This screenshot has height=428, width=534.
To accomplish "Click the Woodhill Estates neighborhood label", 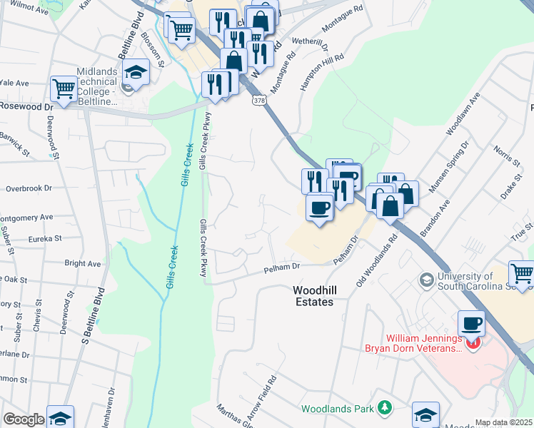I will click(313, 296).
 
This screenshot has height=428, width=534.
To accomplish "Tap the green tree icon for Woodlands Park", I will click(385, 407).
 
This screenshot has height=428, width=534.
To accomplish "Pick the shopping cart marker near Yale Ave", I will click(64, 88).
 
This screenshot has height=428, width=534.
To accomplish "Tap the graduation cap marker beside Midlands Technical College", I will click(134, 72).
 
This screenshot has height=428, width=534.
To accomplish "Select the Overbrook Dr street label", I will click(29, 188).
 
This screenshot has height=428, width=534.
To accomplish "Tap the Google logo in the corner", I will click(24, 419).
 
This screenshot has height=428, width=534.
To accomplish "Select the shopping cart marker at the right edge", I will click(521, 273).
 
